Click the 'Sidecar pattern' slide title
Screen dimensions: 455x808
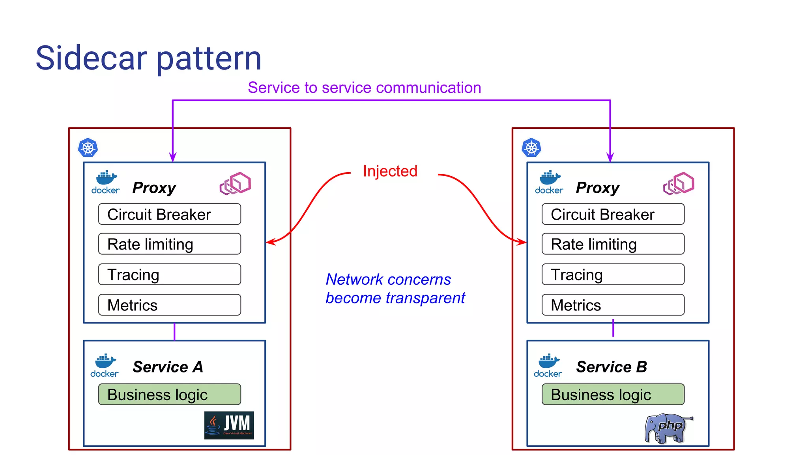click(x=148, y=58)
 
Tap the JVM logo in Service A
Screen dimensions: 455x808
click(x=229, y=425)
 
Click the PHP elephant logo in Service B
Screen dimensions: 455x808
click(x=668, y=428)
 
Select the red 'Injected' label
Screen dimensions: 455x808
click(x=390, y=171)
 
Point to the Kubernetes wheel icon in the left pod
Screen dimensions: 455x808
click(x=88, y=148)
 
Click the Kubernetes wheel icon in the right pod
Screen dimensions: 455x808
click(x=531, y=148)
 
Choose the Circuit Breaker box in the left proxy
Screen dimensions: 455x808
click(x=169, y=214)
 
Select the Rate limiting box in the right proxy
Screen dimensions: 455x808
click(x=613, y=244)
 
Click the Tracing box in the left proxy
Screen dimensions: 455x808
click(x=169, y=275)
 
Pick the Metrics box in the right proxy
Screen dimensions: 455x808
click(x=613, y=305)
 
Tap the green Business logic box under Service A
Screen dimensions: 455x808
click(x=169, y=395)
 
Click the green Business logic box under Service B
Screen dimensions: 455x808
click(x=613, y=395)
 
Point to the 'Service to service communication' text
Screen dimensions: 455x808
click(x=364, y=88)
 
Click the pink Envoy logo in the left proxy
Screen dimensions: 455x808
click(x=235, y=183)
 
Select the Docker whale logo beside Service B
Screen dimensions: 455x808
click(x=548, y=365)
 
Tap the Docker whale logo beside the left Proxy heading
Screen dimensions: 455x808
click(x=105, y=182)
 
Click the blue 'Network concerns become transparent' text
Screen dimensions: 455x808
click(x=395, y=289)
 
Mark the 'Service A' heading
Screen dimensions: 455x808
click(x=168, y=367)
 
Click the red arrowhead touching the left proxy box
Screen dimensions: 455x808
click(x=270, y=242)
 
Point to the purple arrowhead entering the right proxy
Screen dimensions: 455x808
click(x=610, y=158)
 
